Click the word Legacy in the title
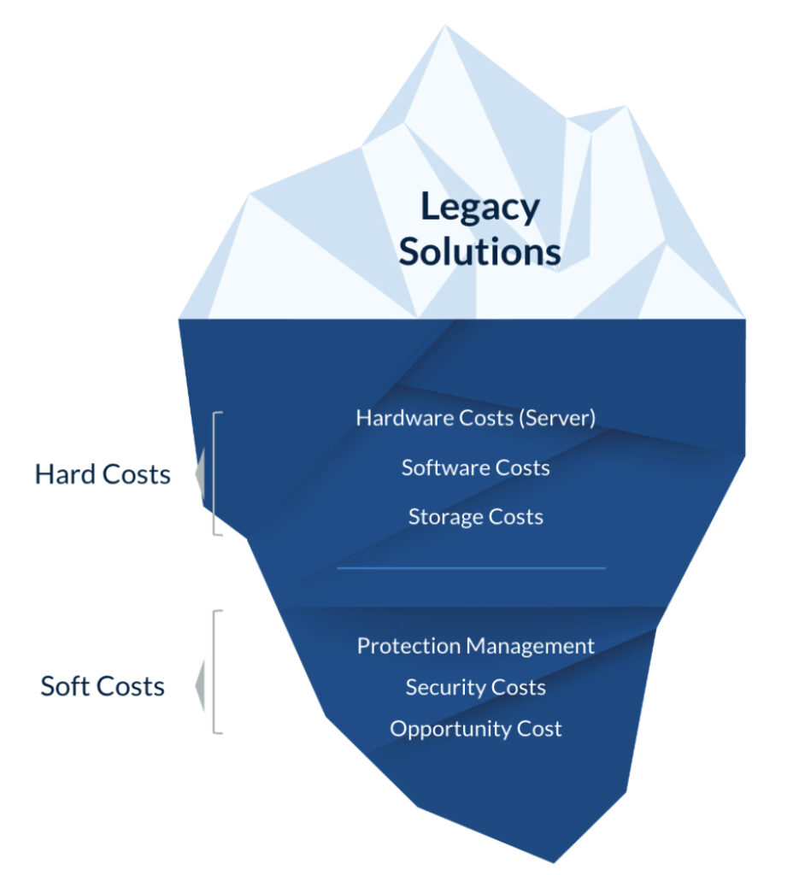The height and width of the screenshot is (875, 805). tap(479, 208)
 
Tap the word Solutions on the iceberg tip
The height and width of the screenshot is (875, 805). tap(479, 252)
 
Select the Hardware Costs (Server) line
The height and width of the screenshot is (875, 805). tap(475, 418)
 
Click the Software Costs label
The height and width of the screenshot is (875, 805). tap(475, 467)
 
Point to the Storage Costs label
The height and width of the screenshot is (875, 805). tap(475, 517)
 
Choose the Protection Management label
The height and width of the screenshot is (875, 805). tap(475, 646)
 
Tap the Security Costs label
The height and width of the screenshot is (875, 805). tap(475, 688)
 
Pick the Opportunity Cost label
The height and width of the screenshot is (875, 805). tap(475, 729)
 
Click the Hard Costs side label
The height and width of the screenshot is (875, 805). tap(103, 474)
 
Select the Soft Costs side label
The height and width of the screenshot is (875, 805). tap(103, 686)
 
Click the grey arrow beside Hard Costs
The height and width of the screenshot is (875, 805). tap(200, 475)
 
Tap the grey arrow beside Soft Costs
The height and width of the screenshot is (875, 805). tap(200, 685)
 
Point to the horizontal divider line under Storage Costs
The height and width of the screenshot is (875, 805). tap(471, 567)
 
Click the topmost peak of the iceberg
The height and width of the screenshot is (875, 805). tap(444, 28)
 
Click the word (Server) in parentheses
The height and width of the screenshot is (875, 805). tap(560, 418)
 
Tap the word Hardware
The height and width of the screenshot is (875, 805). tap(394, 418)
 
